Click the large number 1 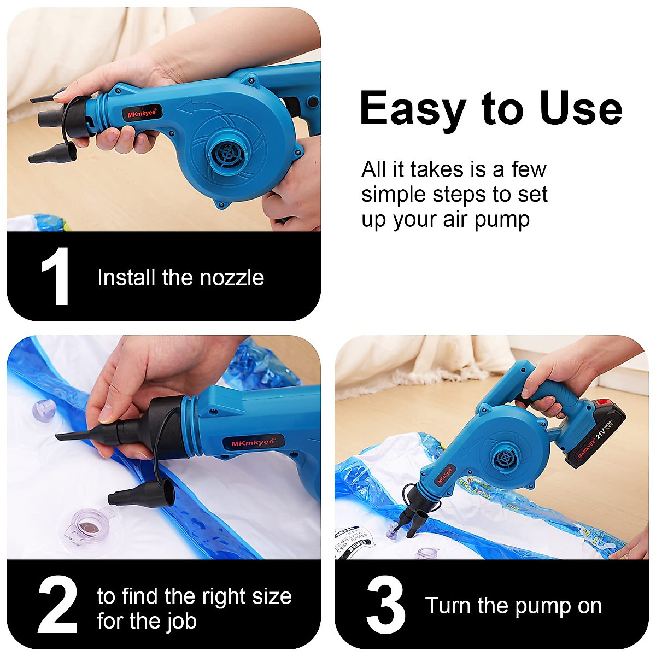(x=56, y=277)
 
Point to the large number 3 (x=386, y=606)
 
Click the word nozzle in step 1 (x=232, y=278)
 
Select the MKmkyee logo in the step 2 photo (x=252, y=442)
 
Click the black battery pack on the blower (x=594, y=432)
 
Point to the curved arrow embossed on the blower (x=200, y=107)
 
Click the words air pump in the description (x=486, y=220)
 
